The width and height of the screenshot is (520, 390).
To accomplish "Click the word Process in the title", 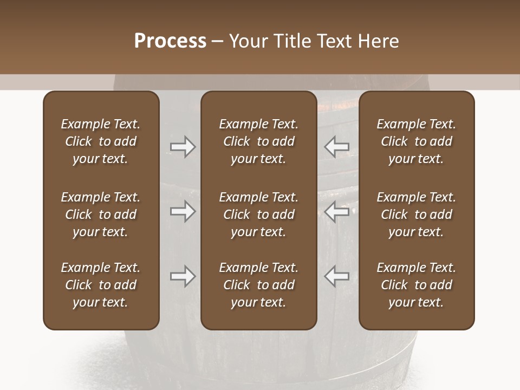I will pyautogui.click(x=170, y=41).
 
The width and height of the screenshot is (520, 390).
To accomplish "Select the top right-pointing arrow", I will pyautogui.click(x=183, y=147).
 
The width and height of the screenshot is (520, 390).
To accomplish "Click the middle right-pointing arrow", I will pyautogui.click(x=183, y=211).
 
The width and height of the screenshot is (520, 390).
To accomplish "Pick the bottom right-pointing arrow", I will pyautogui.click(x=183, y=276).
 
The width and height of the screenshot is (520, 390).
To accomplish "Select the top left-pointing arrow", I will pyautogui.click(x=337, y=147).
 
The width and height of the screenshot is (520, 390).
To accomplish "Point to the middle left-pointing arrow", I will pyautogui.click(x=337, y=211).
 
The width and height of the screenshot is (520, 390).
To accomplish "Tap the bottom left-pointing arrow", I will pyautogui.click(x=337, y=276).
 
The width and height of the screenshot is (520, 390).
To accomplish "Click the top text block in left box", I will pyautogui.click(x=101, y=141).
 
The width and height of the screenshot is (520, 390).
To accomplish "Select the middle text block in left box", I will pyautogui.click(x=101, y=214).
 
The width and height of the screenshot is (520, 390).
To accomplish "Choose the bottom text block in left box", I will pyautogui.click(x=101, y=285).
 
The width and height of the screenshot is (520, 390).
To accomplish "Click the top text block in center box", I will pyautogui.click(x=258, y=141).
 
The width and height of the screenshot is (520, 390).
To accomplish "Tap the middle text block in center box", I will pyautogui.click(x=258, y=214).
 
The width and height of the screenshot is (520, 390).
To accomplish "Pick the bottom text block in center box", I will pyautogui.click(x=258, y=285).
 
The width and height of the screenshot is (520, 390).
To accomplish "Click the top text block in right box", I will pyautogui.click(x=416, y=141).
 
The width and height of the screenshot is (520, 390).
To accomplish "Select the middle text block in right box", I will pyautogui.click(x=416, y=214).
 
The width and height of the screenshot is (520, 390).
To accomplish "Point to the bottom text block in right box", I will pyautogui.click(x=416, y=285).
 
